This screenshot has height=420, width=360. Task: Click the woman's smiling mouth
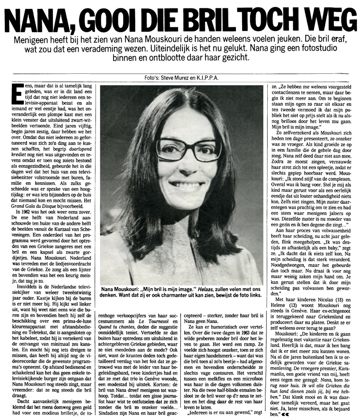click(x=186, y=184)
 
